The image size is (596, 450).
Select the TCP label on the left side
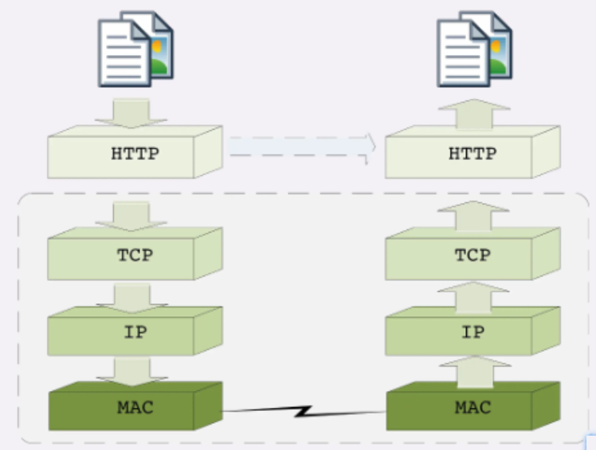[135, 256]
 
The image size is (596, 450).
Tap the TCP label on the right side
[472, 256]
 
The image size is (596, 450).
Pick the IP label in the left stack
[135, 332]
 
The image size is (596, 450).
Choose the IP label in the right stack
[472, 332]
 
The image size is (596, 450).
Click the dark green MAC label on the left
[135, 408]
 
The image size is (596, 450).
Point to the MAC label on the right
[472, 408]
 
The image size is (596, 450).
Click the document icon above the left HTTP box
[135, 48]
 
